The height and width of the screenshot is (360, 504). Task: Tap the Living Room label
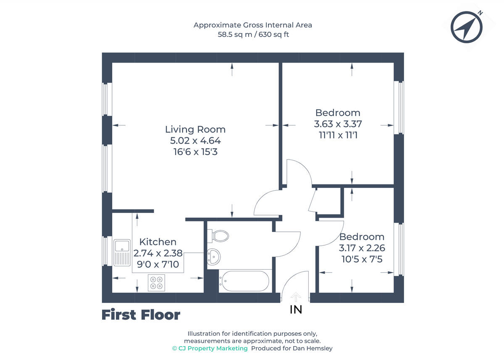click(x=195, y=129)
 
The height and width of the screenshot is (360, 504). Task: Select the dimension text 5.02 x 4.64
click(x=195, y=141)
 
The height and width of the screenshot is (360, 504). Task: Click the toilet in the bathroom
click(x=220, y=235)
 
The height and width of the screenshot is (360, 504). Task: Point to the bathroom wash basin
click(x=213, y=256)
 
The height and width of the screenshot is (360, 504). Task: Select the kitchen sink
click(x=123, y=252)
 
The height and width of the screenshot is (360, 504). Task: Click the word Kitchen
click(x=157, y=242)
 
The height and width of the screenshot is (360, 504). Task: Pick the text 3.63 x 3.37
click(x=338, y=124)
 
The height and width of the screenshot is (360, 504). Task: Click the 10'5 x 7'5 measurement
click(x=362, y=259)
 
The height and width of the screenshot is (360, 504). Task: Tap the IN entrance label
click(x=296, y=310)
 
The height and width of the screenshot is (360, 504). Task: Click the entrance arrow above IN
click(x=296, y=297)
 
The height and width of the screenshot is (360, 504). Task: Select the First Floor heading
click(x=141, y=315)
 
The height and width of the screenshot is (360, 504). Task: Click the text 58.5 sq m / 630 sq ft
click(x=253, y=35)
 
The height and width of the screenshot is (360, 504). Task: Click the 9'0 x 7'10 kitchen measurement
click(x=157, y=264)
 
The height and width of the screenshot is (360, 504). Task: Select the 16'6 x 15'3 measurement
click(x=195, y=152)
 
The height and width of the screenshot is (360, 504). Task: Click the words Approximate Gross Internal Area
click(x=253, y=25)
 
